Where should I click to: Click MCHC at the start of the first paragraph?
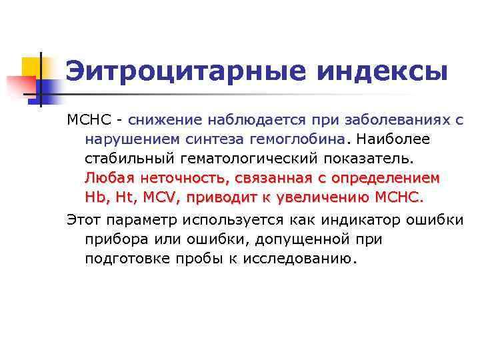pos(85,121)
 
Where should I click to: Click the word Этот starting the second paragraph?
pos(85,219)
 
